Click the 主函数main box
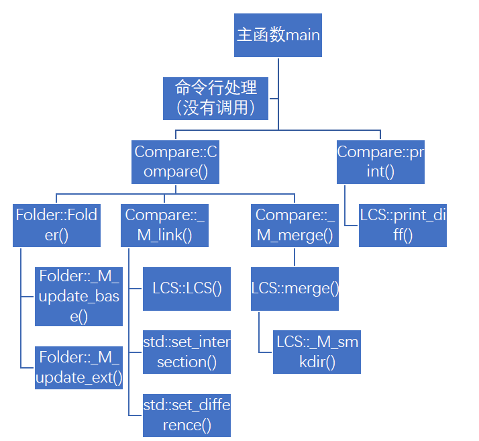pos(278,35)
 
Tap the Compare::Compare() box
pos(176,162)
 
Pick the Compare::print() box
pos(380,162)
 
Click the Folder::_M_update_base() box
pos(79,296)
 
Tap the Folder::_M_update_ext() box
pos(79,366)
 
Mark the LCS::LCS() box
pos(187,289)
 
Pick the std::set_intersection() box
pos(187,352)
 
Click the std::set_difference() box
pos(187,416)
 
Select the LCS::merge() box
pos(295,289)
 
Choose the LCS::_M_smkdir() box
pos(317,352)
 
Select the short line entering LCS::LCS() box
pos(136,289)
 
